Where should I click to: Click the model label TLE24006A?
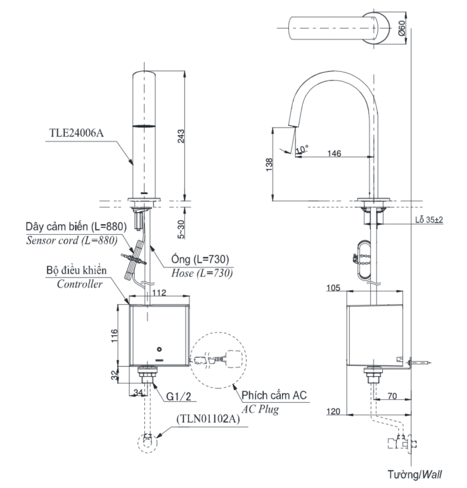[76, 133]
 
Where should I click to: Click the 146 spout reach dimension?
[335, 153]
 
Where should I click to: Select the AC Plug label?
[262, 408]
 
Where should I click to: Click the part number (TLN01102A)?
[209, 420]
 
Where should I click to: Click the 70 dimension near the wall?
[392, 397]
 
